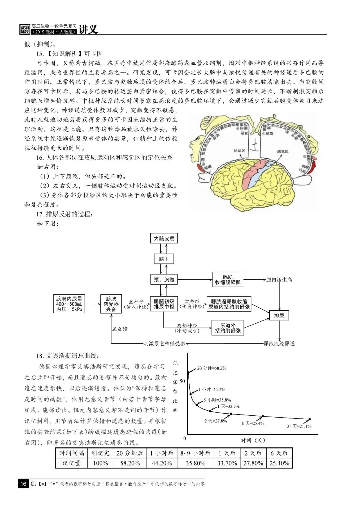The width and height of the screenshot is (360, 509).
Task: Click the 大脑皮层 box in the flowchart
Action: click(x=164, y=238)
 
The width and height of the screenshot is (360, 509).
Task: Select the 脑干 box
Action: click(x=164, y=259)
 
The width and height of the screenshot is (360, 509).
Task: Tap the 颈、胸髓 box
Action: click(x=164, y=280)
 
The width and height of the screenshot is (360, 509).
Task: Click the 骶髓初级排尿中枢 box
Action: click(x=164, y=304)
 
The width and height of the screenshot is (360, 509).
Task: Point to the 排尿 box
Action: click(x=279, y=315)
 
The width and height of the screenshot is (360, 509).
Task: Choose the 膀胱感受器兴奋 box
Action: click(x=111, y=304)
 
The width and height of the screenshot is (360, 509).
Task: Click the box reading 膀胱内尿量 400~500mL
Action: click(x=69, y=304)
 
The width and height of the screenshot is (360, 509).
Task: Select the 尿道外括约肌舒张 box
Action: click(x=228, y=328)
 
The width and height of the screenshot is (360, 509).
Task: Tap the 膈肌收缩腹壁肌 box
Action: click(x=228, y=280)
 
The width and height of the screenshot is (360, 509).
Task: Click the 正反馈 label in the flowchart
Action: click(x=120, y=329)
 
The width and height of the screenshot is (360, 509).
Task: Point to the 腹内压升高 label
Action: click(x=279, y=280)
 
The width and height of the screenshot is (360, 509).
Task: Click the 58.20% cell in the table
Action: click(x=130, y=463)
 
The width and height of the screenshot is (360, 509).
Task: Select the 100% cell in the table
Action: click(x=100, y=463)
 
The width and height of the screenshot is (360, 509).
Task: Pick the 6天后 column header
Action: click(x=279, y=453)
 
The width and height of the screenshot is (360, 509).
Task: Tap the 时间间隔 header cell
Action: click(x=72, y=453)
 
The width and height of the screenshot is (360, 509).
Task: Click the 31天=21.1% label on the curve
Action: click(x=299, y=426)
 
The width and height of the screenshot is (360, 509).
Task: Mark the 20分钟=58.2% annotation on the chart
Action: click(x=211, y=368)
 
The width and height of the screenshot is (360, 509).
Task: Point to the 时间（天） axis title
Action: click(x=253, y=440)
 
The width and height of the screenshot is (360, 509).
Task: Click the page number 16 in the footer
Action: click(x=23, y=484)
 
